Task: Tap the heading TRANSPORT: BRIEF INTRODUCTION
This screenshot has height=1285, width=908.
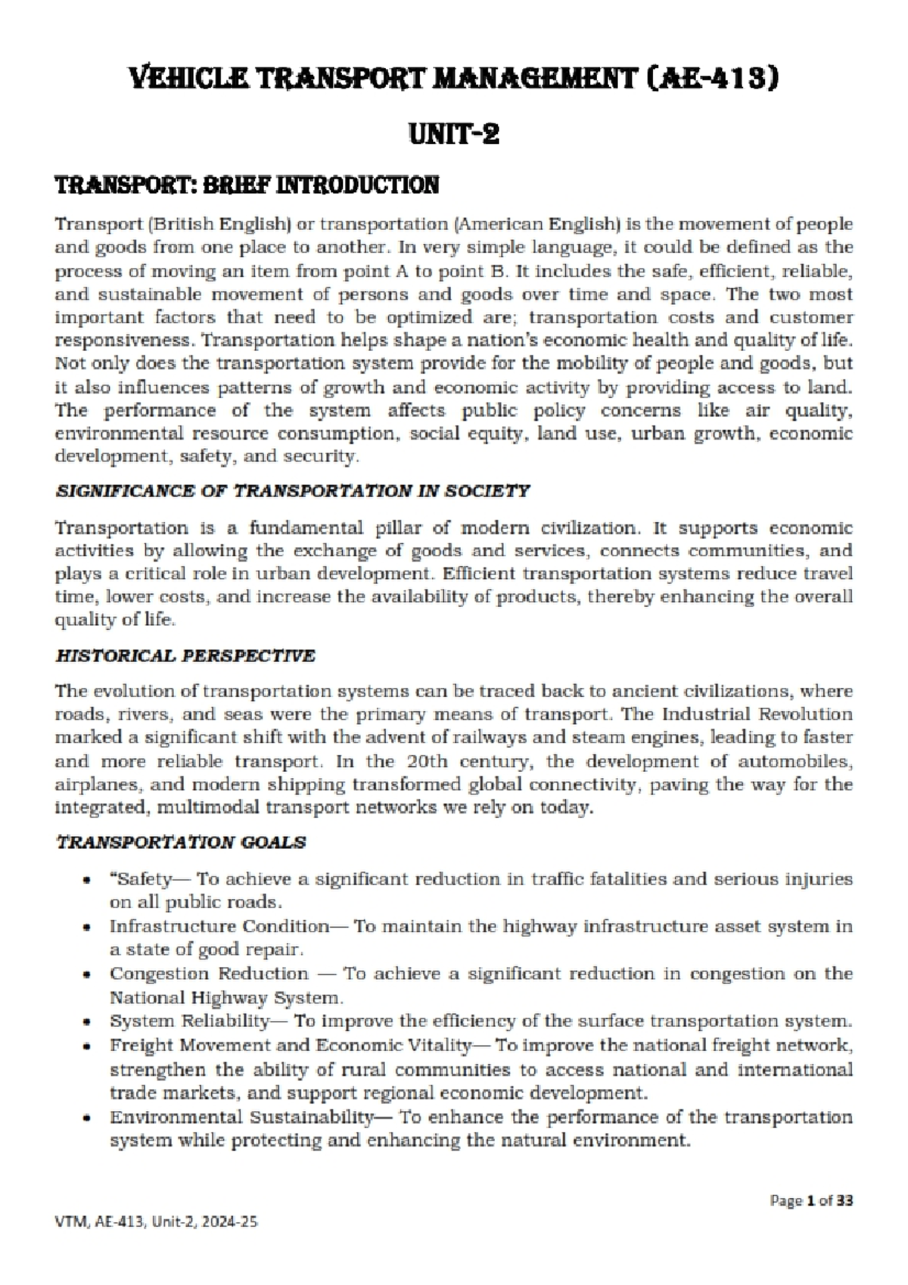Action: pyautogui.click(x=247, y=185)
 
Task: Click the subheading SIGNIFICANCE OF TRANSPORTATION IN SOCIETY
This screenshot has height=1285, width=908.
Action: pyautogui.click(x=293, y=491)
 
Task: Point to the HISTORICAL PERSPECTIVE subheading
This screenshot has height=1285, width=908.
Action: pyautogui.click(x=185, y=655)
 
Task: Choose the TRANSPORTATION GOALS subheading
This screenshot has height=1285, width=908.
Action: pyautogui.click(x=182, y=842)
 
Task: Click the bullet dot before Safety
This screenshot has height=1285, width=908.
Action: pyautogui.click(x=89, y=881)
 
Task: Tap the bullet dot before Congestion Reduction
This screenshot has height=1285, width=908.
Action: pyautogui.click(x=89, y=975)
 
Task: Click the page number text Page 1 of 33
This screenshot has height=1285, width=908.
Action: pyautogui.click(x=811, y=1200)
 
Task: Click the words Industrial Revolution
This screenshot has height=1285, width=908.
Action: pyautogui.click(x=757, y=714)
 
